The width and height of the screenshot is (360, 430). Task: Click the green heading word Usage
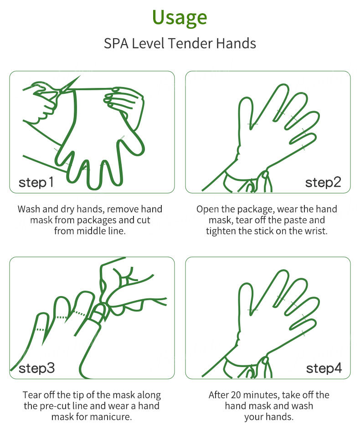point(180,18)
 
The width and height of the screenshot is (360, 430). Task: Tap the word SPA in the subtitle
point(116,43)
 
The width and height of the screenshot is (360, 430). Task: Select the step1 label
point(36,182)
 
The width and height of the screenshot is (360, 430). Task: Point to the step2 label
point(323,182)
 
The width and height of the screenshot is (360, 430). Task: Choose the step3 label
point(37,369)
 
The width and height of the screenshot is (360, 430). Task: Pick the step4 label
point(324,369)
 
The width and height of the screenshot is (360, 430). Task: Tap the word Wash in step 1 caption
point(29,209)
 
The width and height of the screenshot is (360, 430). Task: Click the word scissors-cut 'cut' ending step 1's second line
point(144,220)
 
